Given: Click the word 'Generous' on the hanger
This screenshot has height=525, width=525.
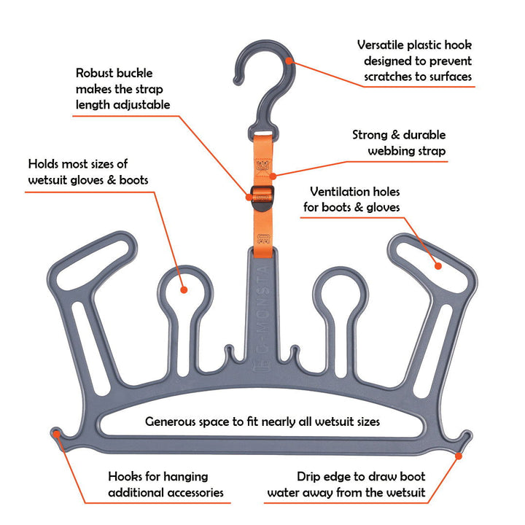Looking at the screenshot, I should pos(173,421).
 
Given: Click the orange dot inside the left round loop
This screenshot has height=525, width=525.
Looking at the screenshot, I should pos(183,289).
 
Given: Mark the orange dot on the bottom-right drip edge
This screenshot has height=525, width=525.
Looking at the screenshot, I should pos(459,456).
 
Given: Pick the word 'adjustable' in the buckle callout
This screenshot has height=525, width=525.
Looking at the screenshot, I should pos(135,105).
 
